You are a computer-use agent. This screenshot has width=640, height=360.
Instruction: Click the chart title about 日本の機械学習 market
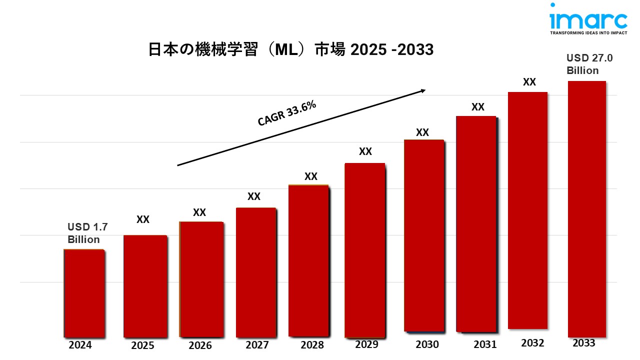pyautogui.click(x=290, y=50)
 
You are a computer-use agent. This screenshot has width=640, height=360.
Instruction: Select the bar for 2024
pyautogui.click(x=83, y=293)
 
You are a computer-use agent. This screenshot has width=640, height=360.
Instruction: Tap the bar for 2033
pyautogui.click(x=586, y=209)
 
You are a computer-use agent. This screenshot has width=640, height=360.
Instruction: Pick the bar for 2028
pyautogui.click(x=308, y=260)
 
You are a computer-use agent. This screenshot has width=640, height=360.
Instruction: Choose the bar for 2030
pyautogui.click(x=423, y=235)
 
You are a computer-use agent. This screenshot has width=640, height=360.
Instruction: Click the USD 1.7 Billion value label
pyautogui.click(x=84, y=233)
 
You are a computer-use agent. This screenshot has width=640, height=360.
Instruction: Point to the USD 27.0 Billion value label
pyautogui.click(x=589, y=64)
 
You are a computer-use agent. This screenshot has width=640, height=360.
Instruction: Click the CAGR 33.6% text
pyautogui.click(x=287, y=113)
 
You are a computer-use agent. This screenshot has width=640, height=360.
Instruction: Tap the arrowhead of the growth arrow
pyautogui.click(x=422, y=90)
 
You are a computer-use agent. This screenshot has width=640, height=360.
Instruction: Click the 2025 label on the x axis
pyautogui.click(x=142, y=345)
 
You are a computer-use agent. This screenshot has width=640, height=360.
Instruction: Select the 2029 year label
pyautogui.click(x=366, y=344)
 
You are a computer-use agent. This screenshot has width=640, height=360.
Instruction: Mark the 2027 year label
pyautogui.click(x=257, y=345)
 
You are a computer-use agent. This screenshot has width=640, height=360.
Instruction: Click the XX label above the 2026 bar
pyautogui.click(x=199, y=212)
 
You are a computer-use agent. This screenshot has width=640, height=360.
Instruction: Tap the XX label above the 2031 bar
pyautogui.click(x=478, y=106)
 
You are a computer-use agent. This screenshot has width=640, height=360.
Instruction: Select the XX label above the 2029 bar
pyautogui.click(x=365, y=151)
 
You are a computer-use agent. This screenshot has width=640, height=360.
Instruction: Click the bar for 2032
pyautogui.click(x=527, y=210)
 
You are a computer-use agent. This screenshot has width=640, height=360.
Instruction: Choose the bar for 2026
pyautogui.click(x=201, y=279)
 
